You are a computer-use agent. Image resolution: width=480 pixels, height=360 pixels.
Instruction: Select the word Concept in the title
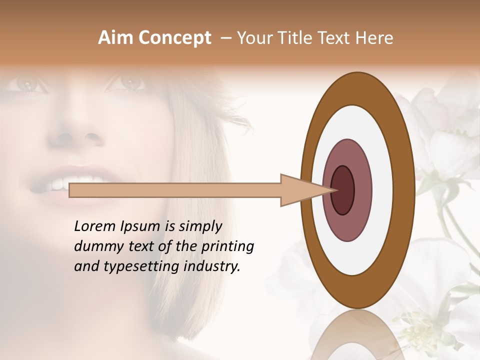tap(174, 38)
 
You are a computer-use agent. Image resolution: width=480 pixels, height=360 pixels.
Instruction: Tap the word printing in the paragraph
tap(227, 246)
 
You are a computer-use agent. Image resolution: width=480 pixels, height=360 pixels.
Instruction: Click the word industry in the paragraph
tap(214, 266)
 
